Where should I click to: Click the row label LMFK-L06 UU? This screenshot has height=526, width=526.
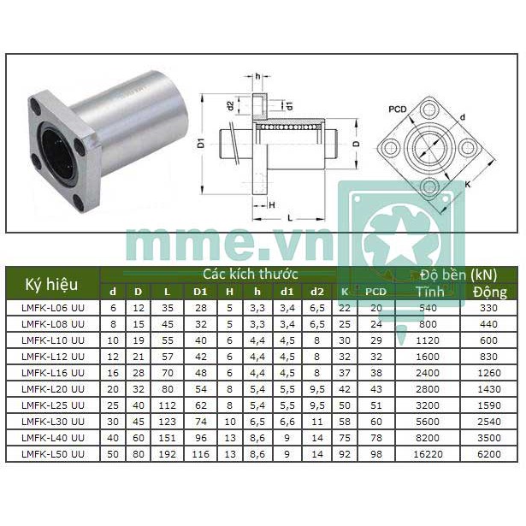pos(52,306)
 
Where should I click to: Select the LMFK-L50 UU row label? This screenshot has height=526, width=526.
pos(52,453)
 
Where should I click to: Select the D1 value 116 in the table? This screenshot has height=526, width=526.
pos(201,453)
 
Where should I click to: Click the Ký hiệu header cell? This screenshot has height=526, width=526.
pos(52,284)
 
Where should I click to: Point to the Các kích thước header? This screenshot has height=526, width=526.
pos(250,275)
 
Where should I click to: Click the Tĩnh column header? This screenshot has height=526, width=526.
pos(429,292)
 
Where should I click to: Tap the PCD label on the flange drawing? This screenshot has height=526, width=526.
pos(397,109)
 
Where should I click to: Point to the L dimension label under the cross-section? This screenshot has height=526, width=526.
pos(291,218)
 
